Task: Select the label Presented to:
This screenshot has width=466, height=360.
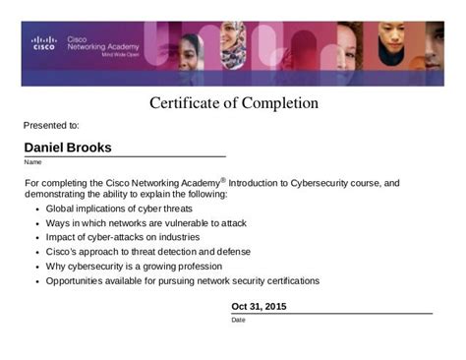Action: click(x=51, y=126)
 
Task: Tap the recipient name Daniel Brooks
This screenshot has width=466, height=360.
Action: click(x=68, y=148)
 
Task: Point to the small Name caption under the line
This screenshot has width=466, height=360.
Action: click(x=32, y=162)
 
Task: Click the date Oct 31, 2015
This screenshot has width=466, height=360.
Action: click(x=260, y=306)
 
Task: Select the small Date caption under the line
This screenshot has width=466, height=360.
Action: click(x=238, y=320)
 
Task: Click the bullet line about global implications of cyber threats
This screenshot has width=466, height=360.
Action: click(x=119, y=210)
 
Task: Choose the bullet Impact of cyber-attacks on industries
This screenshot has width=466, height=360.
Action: click(x=122, y=237)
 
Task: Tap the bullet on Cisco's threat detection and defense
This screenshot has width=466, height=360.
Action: click(x=147, y=252)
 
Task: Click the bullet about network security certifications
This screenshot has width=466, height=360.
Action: click(x=182, y=280)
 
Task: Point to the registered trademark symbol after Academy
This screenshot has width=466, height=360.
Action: click(x=223, y=179)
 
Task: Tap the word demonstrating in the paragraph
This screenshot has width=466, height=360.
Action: click(x=58, y=195)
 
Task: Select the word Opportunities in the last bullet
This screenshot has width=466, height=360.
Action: click(x=81, y=280)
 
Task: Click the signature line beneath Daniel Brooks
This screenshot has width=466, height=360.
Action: click(x=125, y=156)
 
